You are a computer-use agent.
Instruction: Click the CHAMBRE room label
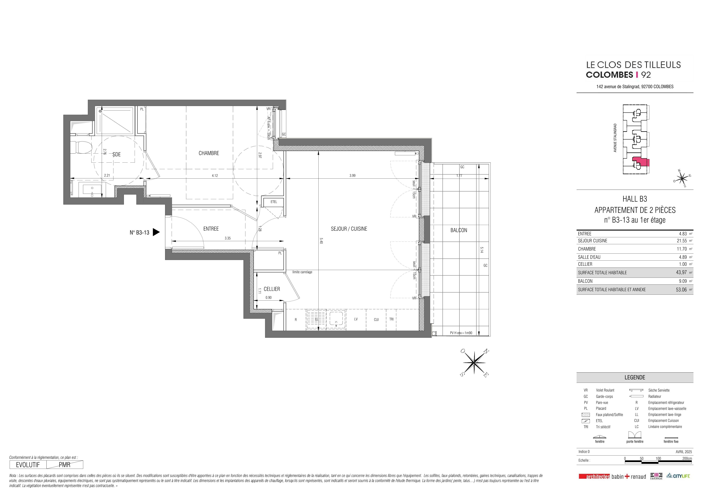point(209,153)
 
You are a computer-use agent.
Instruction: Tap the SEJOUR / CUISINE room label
point(349,229)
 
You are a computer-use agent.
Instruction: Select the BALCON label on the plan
point(459,230)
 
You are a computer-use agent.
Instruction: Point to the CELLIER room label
point(272,289)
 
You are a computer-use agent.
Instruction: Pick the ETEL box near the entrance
point(274,202)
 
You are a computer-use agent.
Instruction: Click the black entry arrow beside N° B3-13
point(156,232)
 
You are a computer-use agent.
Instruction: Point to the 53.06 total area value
point(681,290)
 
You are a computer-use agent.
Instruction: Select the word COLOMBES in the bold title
point(609,75)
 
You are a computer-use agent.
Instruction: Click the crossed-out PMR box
point(65,465)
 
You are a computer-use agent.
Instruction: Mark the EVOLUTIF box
point(28,465)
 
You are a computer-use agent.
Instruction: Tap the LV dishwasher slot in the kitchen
point(356,319)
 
